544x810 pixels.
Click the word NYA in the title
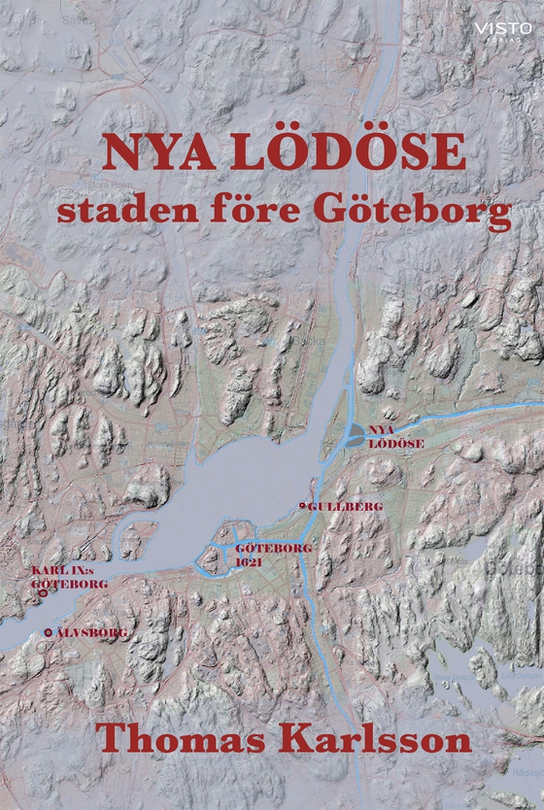point(160,154)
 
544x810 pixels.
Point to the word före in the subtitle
point(253,213)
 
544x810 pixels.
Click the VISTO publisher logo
point(504,29)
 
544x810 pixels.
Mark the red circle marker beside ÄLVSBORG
point(49,633)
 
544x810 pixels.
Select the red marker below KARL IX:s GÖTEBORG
point(43,592)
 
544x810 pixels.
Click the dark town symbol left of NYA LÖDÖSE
point(357,435)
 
